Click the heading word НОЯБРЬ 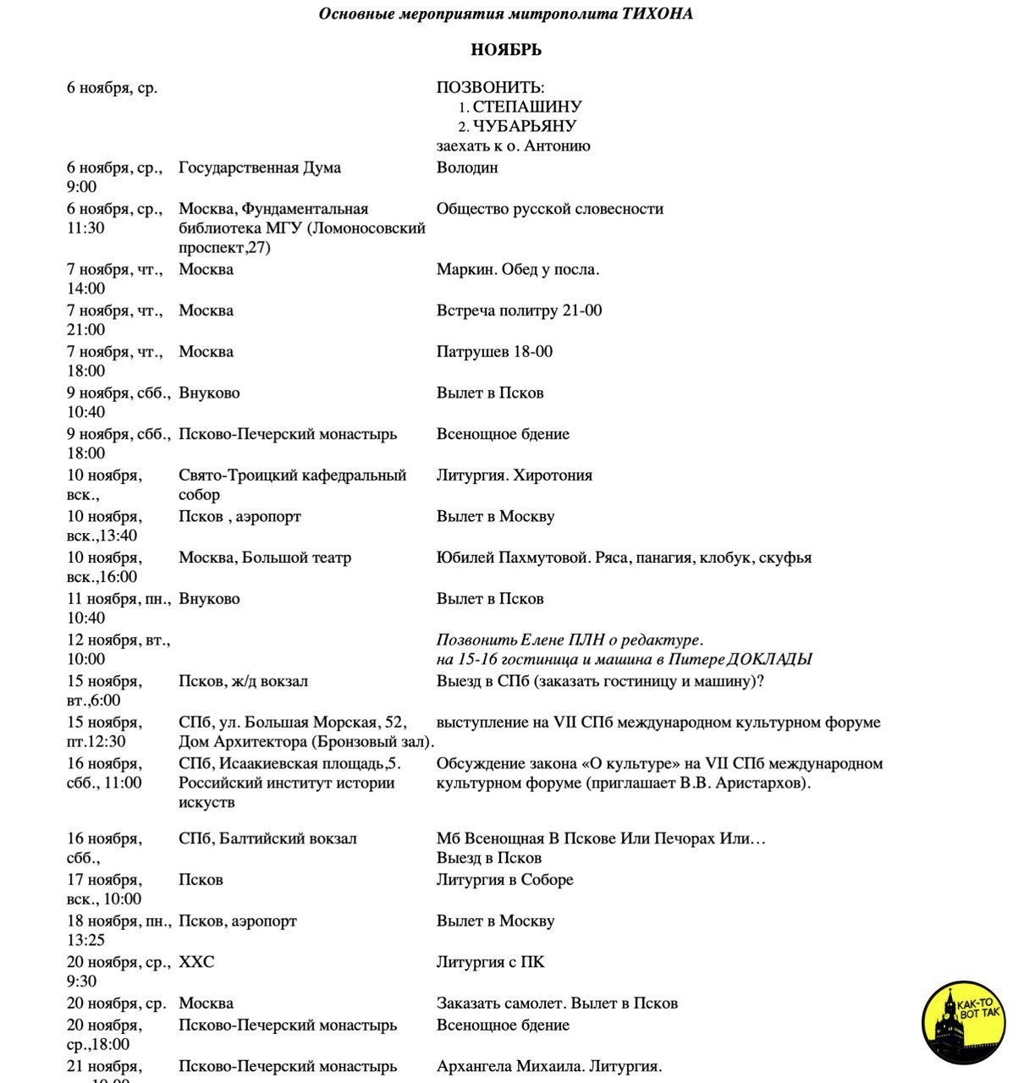point(506,50)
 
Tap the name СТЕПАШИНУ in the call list point(526,107)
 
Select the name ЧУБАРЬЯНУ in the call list point(524,126)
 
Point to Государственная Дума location point(260,168)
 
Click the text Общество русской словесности point(549,209)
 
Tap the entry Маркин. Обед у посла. point(517,270)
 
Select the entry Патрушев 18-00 point(494,352)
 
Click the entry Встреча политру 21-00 point(519,311)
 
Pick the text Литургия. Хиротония point(514,476)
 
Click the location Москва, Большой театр point(264,558)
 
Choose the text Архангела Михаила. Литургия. point(548,1066)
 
